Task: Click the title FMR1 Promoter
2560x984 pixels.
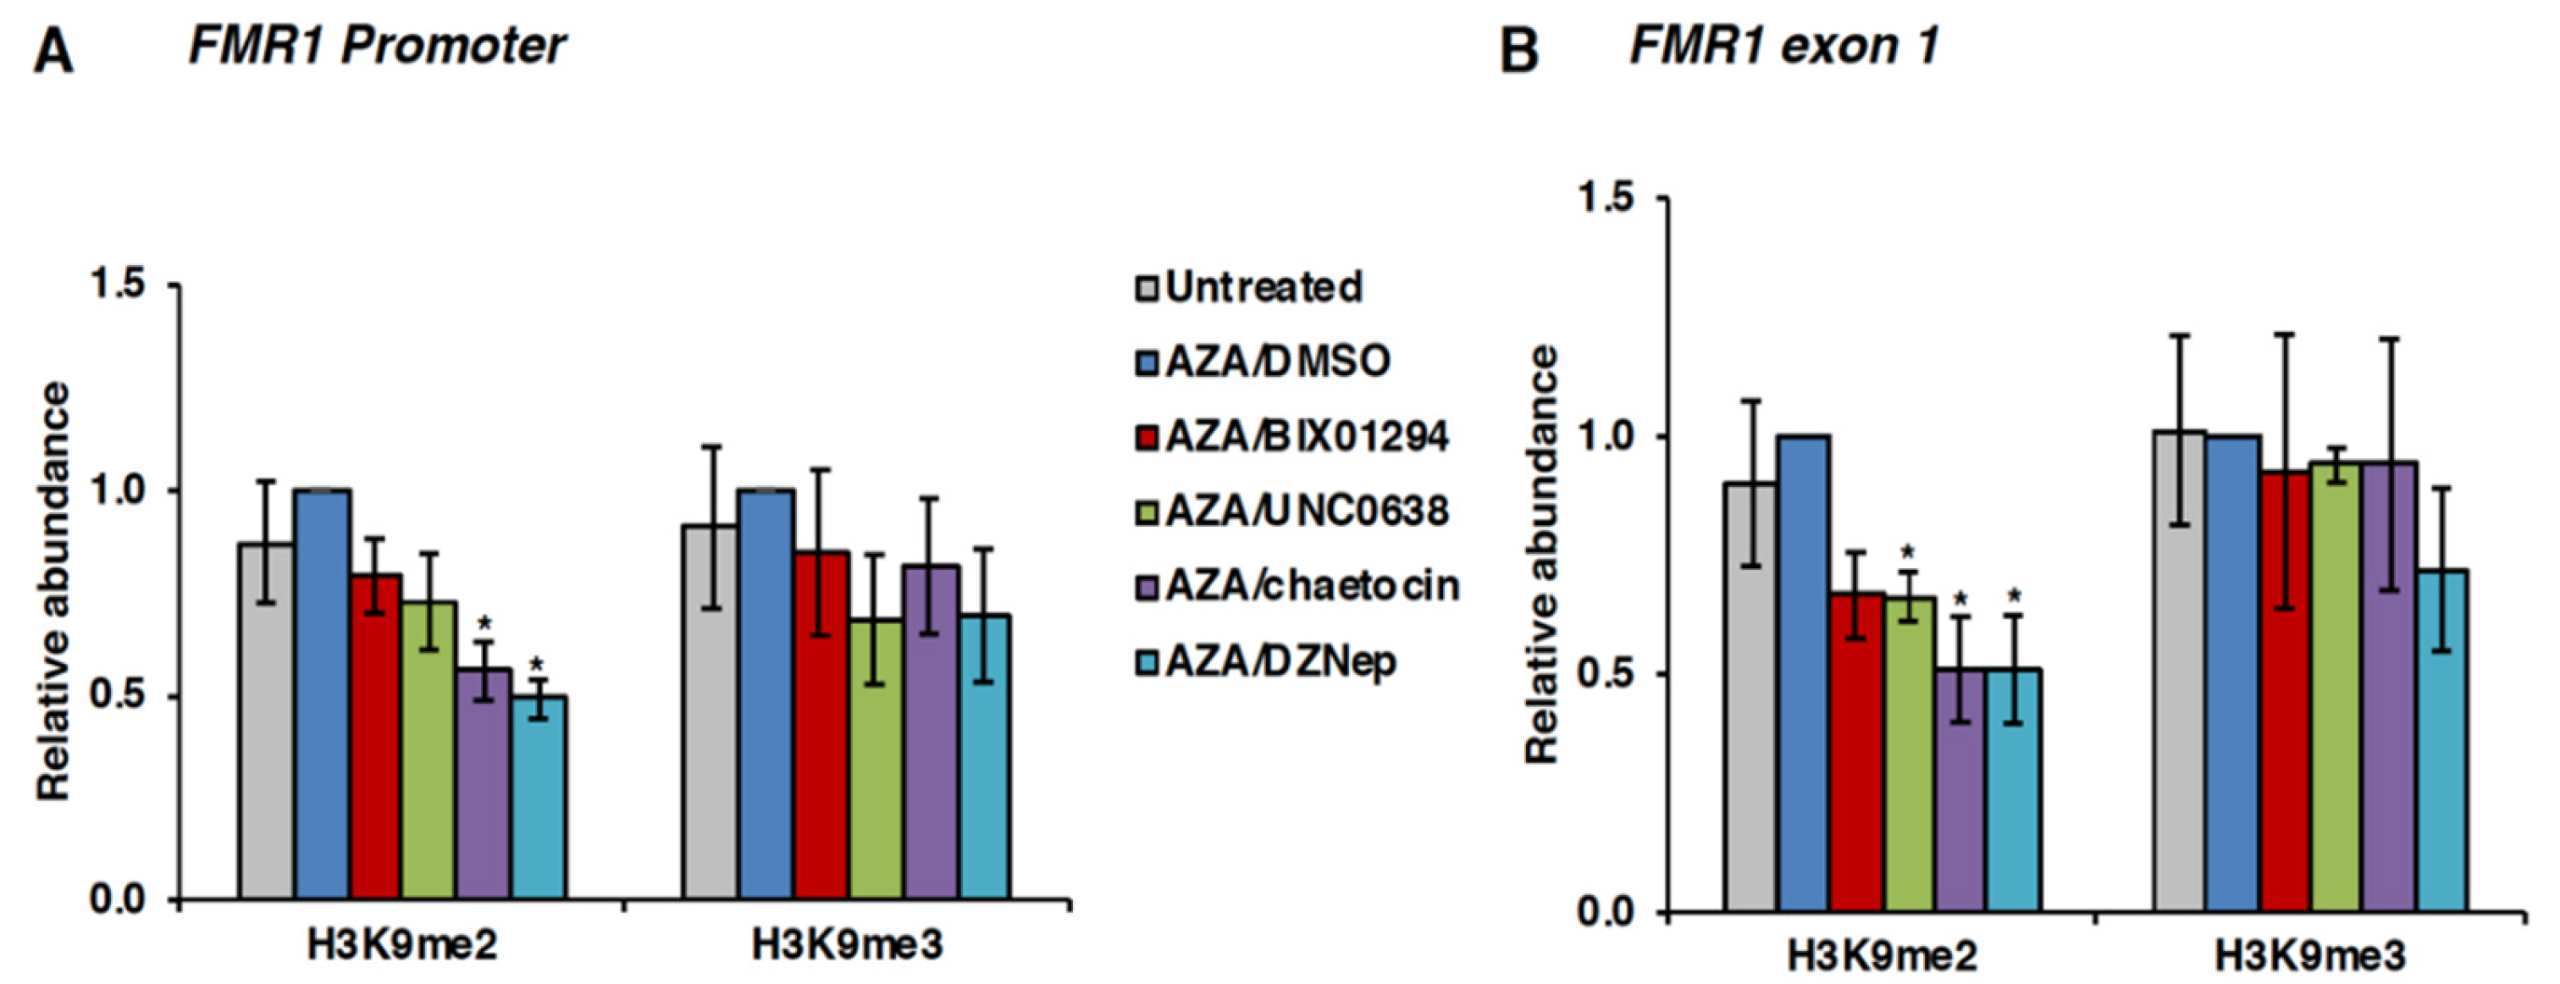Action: [377, 46]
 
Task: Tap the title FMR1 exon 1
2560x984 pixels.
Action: [1783, 46]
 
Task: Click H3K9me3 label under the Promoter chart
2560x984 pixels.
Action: [846, 945]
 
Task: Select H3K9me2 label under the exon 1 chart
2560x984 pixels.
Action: [1881, 956]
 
